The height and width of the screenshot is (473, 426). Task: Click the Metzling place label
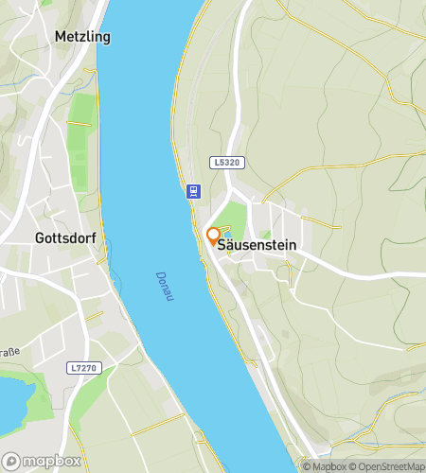82,37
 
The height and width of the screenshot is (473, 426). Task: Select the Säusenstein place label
257,245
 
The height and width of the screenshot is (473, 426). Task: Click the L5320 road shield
228,163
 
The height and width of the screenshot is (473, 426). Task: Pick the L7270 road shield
82,367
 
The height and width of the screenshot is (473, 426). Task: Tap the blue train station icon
193,190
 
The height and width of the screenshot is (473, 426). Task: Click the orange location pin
213,236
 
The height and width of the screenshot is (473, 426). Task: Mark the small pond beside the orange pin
225,234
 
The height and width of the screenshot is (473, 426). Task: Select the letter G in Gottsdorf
40,237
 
